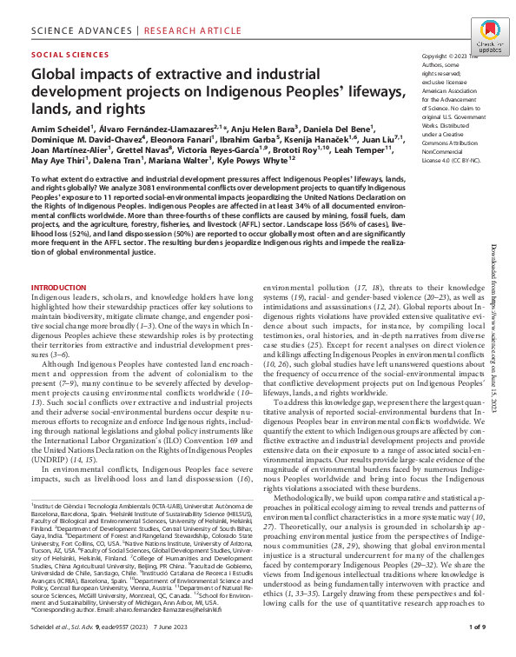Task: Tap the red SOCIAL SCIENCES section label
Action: tap(66, 54)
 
